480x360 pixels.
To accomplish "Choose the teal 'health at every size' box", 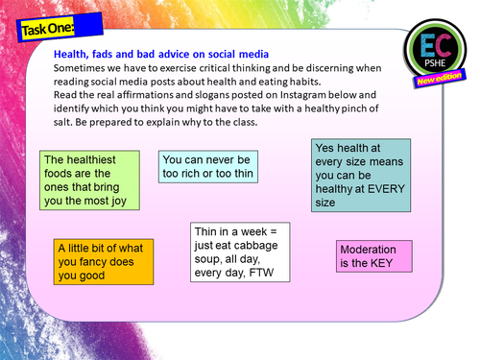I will (361, 175).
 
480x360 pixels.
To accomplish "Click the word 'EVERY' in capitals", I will (383, 189).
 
